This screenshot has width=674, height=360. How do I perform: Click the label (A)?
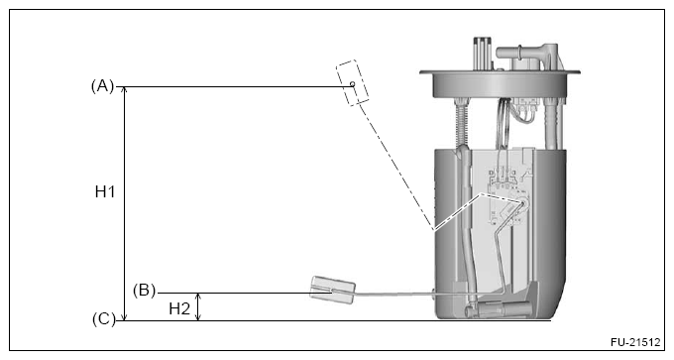pos(103,86)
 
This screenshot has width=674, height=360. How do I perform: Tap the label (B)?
pos(144,291)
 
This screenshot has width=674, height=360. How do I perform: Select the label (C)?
pos(104,319)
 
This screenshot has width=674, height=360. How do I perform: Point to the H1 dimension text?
pos(105,191)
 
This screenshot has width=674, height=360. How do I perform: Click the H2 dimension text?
pos(179,308)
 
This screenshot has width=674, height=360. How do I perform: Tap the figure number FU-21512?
pos(635,342)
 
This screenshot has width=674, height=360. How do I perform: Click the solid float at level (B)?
pos(333,290)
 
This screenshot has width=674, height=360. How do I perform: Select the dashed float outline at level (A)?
pos(353,83)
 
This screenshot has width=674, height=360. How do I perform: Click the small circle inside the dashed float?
pos(353,84)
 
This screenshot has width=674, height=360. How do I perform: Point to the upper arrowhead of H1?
pos(125,89)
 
